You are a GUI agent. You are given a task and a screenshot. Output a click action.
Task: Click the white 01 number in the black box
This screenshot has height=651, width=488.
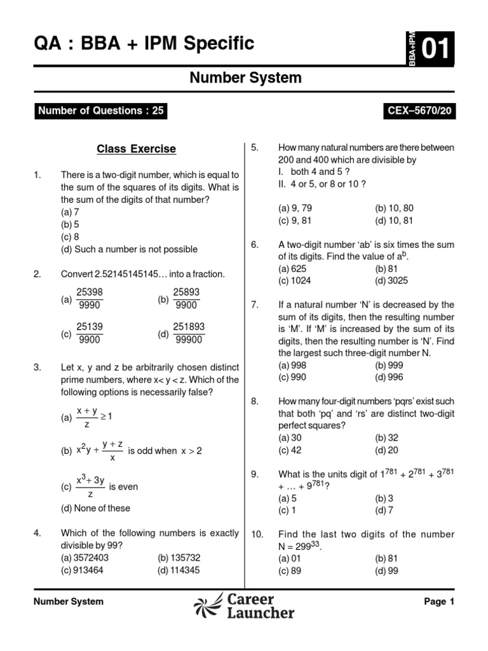pos(435,48)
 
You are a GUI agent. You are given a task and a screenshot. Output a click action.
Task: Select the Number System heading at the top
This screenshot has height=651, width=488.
pos(246,78)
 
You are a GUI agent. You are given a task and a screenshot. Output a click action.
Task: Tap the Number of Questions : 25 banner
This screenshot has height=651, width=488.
pos(101,111)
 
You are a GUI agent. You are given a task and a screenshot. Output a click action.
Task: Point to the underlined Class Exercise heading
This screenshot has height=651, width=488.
pos(136,149)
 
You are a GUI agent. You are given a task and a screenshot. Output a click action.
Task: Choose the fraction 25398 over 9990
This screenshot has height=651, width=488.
pos(90,299)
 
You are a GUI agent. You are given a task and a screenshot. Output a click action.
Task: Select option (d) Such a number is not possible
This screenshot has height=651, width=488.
pos(129,249)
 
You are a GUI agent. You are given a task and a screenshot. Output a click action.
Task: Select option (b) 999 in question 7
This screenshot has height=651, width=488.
pos(389,365)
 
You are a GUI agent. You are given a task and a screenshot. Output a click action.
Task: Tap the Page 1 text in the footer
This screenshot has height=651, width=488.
pos(439,601)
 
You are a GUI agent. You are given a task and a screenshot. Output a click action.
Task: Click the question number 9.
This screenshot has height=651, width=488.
pos(254,474)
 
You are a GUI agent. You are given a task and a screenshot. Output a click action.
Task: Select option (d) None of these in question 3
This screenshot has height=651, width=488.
pos(95,508)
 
